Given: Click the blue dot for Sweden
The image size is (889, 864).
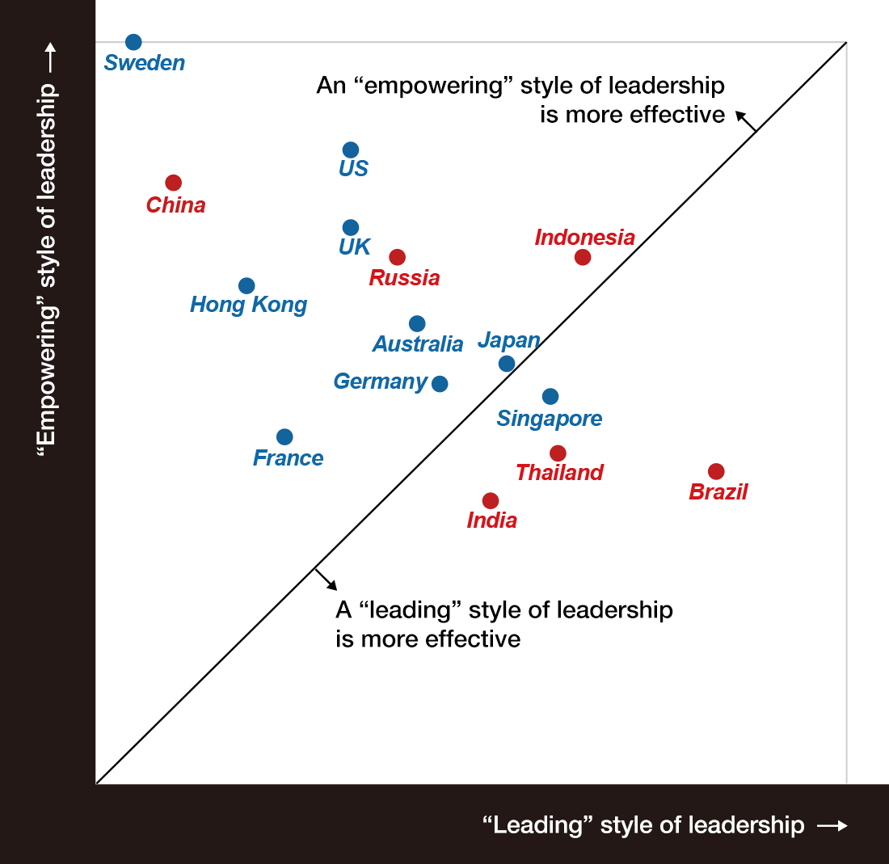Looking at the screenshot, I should (x=134, y=42).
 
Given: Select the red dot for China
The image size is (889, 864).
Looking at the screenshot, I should (x=173, y=183).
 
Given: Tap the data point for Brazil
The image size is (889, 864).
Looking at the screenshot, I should (x=716, y=471).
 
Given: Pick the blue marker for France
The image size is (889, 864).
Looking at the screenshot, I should (x=284, y=436).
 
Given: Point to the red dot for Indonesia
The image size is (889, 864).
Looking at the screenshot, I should (x=583, y=257).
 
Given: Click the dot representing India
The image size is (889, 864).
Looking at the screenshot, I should (x=491, y=500).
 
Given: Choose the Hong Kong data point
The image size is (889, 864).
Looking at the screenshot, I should (x=247, y=285).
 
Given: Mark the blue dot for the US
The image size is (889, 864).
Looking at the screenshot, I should (x=351, y=150).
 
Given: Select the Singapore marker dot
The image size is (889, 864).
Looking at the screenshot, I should (x=550, y=396).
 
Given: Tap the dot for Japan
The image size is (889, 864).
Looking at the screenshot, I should (x=507, y=364).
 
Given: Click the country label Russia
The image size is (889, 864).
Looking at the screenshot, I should (x=404, y=278).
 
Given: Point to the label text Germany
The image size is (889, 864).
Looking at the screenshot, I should (x=381, y=381).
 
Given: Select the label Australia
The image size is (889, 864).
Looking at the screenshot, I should (x=418, y=344).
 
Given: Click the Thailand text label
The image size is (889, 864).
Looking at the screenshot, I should (x=559, y=473).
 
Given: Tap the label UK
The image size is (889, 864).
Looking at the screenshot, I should (x=355, y=247).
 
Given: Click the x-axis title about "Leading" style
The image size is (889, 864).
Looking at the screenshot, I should (x=643, y=825).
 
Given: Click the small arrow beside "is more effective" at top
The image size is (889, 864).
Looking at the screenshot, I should (x=746, y=120).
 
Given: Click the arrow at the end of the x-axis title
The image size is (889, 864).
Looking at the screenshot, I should (x=833, y=825).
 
